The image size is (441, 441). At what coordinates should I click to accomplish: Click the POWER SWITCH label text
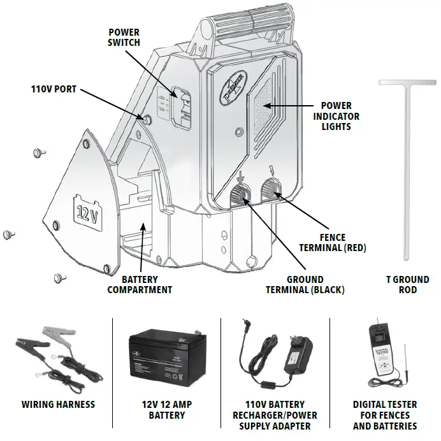[x=124, y=38]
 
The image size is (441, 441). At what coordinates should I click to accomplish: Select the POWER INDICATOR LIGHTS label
[x=340, y=116]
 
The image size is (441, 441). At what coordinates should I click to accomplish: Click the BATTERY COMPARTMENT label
[x=140, y=284]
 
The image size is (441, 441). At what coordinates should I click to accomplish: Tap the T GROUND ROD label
[x=408, y=284]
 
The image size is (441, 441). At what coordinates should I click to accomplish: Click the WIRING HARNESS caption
[x=58, y=404]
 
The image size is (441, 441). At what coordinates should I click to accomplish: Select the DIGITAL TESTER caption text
[x=385, y=415]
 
